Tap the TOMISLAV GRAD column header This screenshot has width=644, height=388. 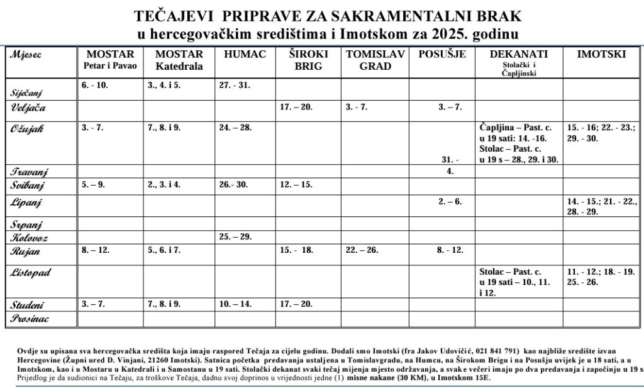click(x=375, y=60)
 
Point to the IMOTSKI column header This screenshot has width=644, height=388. click(x=602, y=54)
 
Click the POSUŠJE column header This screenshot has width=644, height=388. click(x=442, y=54)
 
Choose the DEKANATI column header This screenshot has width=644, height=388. click(x=518, y=54)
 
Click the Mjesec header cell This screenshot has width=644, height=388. click(x=26, y=54)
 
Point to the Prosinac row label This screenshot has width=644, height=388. click(x=30, y=319)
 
